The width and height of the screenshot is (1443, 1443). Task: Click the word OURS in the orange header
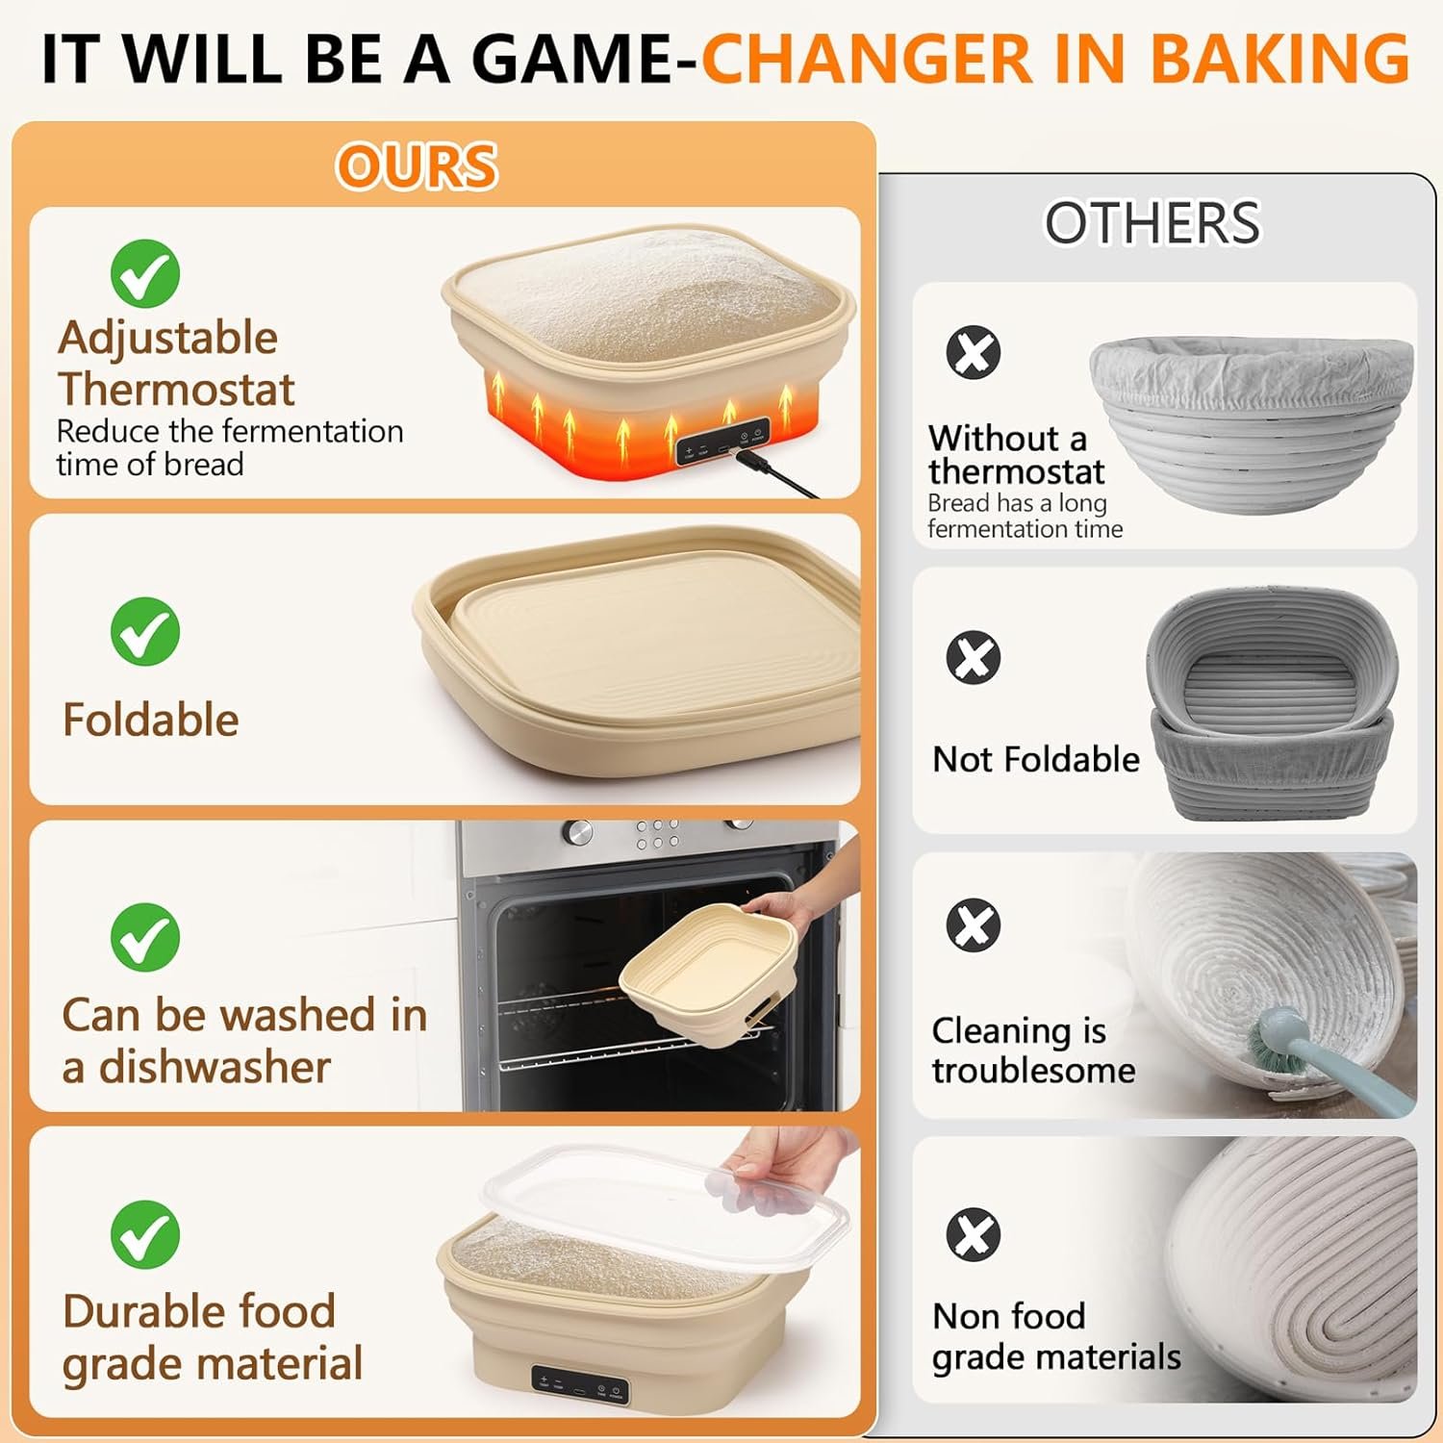click(417, 165)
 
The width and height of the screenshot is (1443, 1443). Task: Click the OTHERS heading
click(1152, 223)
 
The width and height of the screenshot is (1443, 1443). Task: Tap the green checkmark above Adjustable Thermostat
click(145, 273)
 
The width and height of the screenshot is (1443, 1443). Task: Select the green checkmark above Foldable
click(145, 631)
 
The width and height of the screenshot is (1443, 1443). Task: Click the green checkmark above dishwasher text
click(145, 937)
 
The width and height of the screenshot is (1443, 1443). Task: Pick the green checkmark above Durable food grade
click(145, 1234)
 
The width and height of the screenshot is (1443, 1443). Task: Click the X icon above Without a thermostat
click(974, 352)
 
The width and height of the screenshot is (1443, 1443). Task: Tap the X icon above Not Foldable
click(974, 658)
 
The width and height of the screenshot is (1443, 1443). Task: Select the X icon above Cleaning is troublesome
click(974, 925)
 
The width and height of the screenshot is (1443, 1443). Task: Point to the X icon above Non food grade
click(974, 1234)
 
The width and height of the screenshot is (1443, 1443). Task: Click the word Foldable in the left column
click(151, 720)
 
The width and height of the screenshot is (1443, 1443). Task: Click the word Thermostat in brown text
click(177, 390)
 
